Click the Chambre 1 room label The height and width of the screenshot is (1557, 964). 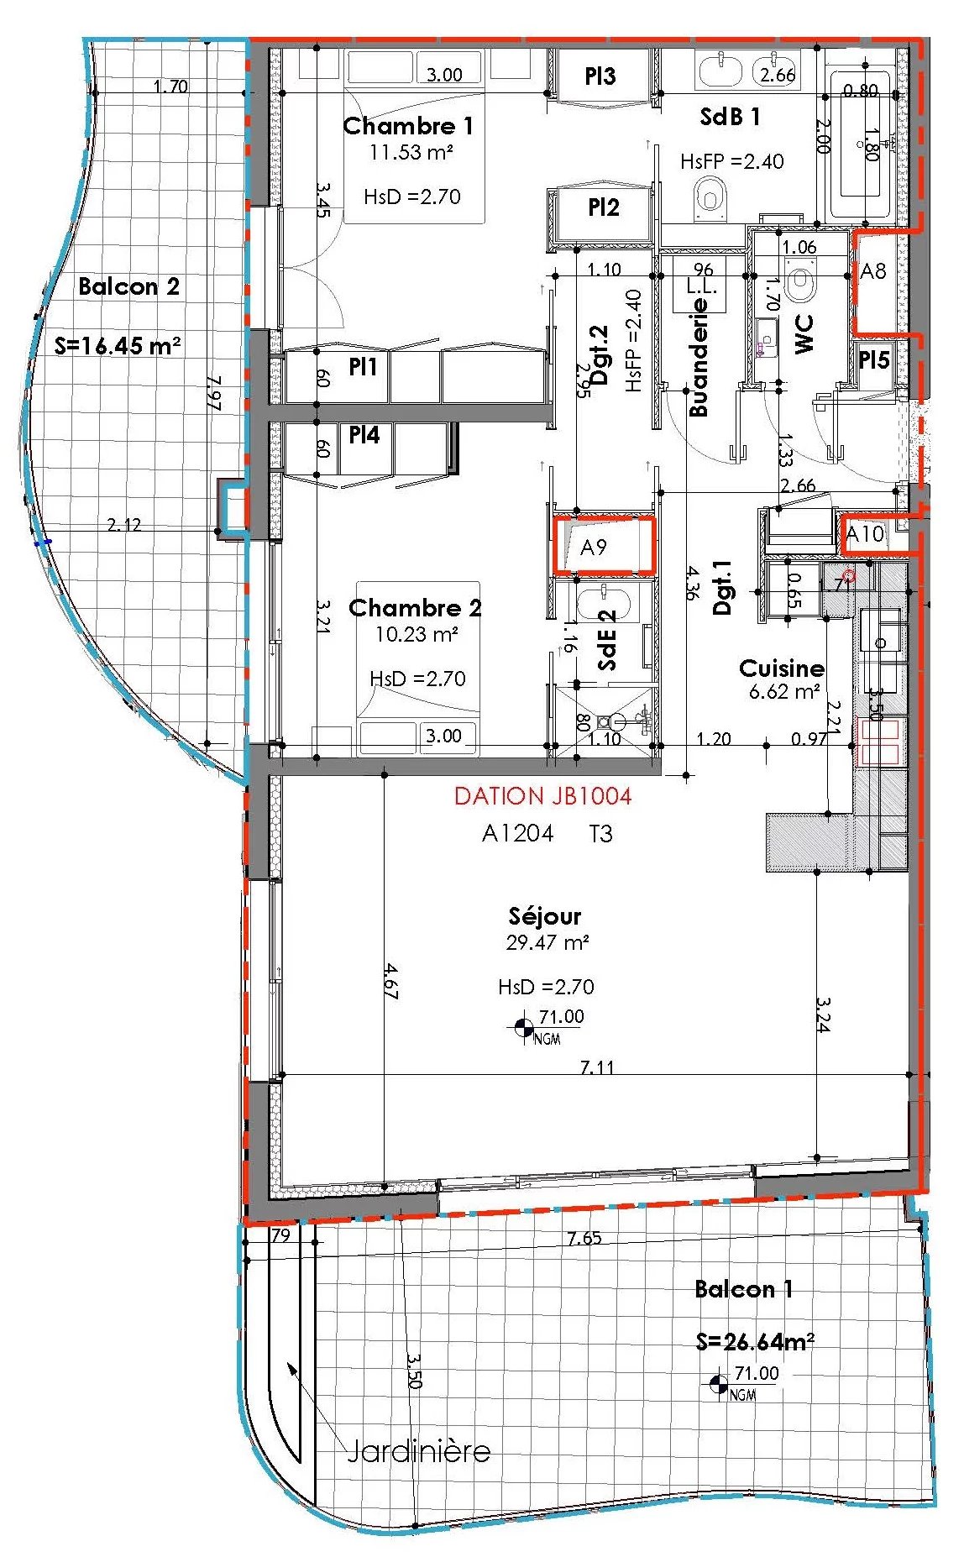point(408,126)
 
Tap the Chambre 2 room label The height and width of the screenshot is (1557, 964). point(415,608)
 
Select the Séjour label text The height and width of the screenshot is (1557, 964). point(545,916)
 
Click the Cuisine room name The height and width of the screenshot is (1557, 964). point(781,668)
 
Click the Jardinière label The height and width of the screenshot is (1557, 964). point(418,1450)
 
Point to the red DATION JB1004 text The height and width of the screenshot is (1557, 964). point(542,795)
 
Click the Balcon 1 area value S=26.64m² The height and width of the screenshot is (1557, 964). point(755,1341)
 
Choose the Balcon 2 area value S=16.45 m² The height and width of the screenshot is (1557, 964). point(118,344)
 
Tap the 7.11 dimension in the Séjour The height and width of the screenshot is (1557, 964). point(597,1067)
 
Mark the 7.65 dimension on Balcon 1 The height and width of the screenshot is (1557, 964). point(584,1238)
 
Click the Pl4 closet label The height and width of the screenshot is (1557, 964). point(364,434)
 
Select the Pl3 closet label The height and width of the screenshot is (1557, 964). point(600,76)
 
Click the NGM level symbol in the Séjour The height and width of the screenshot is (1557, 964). point(524,1027)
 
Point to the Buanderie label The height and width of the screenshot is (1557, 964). point(698,358)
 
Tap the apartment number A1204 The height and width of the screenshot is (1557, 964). point(517,833)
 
